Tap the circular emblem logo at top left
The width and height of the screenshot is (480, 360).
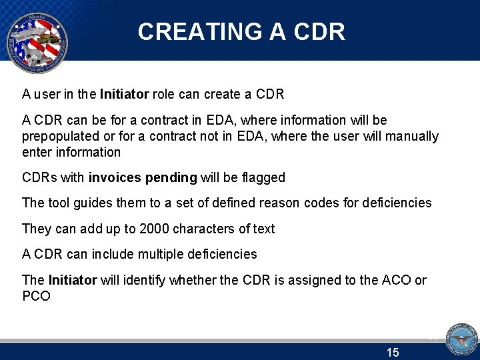pyautogui.click(x=36, y=39)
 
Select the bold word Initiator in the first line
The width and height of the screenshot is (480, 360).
pyautogui.click(x=124, y=95)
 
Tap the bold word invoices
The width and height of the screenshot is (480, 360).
pyautogui.click(x=114, y=178)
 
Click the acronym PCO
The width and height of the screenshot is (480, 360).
pyautogui.click(x=36, y=296)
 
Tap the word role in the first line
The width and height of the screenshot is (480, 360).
pyautogui.click(x=164, y=95)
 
